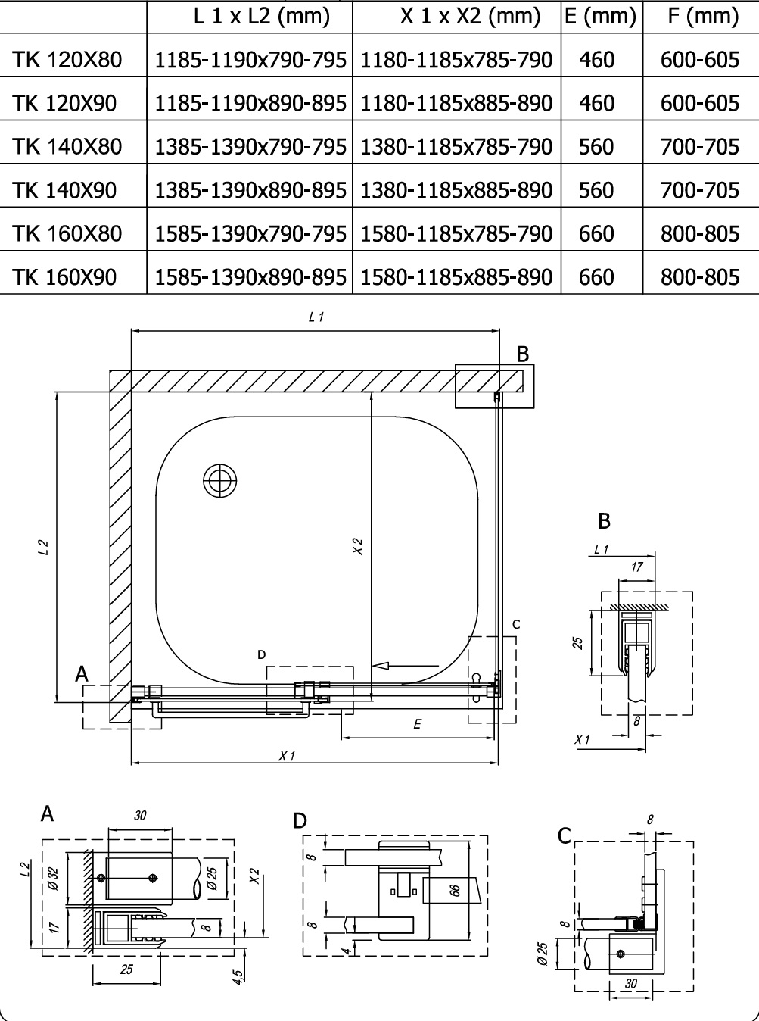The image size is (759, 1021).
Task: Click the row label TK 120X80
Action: click(x=67, y=59)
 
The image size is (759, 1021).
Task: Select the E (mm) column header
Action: click(x=602, y=15)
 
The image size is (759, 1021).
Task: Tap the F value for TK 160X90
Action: click(x=700, y=276)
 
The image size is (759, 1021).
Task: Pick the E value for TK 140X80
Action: click(x=596, y=146)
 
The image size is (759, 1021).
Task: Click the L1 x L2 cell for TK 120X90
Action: click(x=250, y=103)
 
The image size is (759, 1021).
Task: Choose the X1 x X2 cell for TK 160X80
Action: click(x=456, y=233)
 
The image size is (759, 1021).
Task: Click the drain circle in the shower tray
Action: click(x=220, y=479)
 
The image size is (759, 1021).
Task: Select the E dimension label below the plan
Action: click(x=417, y=724)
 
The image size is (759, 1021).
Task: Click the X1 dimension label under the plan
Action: click(x=286, y=755)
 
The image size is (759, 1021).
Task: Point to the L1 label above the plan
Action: click(x=316, y=318)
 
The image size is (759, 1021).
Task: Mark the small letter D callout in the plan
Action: click(x=261, y=654)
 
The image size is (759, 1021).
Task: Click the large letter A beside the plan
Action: click(x=82, y=673)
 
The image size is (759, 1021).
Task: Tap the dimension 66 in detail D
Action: click(x=455, y=890)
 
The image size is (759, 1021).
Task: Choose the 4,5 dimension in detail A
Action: click(x=238, y=977)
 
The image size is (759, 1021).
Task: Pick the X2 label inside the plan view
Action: click(x=358, y=546)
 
